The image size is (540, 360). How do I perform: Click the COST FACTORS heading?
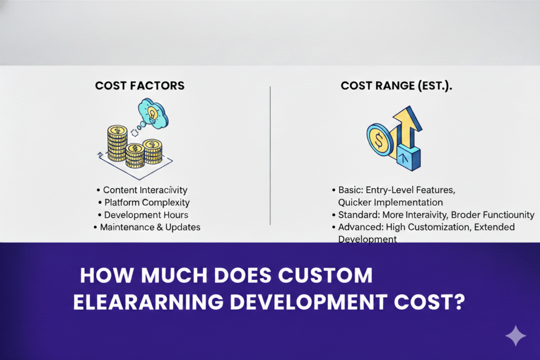pos(140,85)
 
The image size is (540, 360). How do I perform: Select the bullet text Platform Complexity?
pos(147,202)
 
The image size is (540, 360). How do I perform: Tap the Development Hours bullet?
pos(146,215)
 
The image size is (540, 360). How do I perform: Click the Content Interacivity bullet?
pos(145,190)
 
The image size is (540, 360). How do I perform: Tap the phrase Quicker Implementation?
pos(390,202)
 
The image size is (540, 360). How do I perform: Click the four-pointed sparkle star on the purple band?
pos(515,336)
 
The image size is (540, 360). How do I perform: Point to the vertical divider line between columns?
pos(270,155)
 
